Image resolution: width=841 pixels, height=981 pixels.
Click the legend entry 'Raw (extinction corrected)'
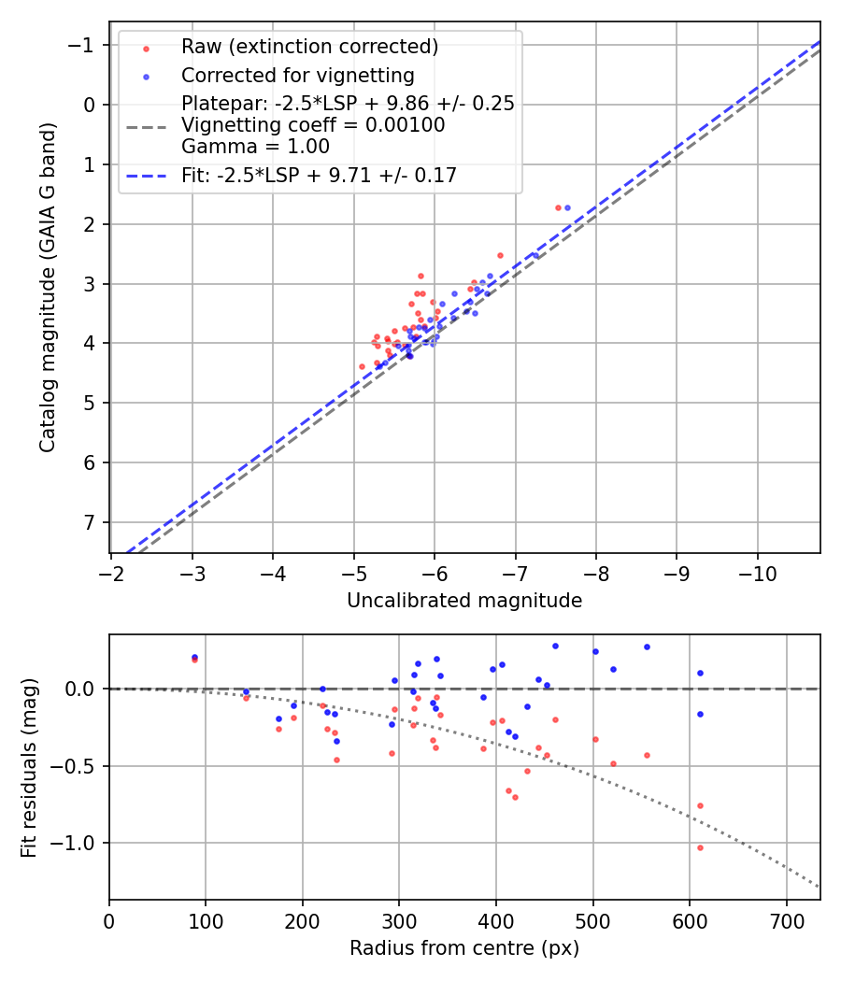(309, 47)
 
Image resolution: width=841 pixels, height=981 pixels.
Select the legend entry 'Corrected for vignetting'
(297, 75)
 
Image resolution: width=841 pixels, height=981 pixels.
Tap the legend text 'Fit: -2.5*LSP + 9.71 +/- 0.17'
(319, 175)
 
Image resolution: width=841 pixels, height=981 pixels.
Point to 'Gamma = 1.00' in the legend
(255, 146)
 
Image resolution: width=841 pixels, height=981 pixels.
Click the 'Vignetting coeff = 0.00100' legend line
(313, 125)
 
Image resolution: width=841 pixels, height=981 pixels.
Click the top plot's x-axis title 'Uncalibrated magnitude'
(464, 601)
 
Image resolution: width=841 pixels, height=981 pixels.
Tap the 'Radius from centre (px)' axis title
(464, 948)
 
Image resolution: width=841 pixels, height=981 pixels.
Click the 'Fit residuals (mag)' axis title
(29, 768)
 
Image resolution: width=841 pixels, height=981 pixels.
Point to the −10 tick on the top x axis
(757, 571)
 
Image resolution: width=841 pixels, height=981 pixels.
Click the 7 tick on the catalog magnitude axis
(90, 522)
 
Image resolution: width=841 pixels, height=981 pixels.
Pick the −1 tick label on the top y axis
(82, 46)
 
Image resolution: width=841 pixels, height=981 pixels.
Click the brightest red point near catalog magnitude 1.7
(558, 207)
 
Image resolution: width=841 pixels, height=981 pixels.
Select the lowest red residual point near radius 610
(700, 847)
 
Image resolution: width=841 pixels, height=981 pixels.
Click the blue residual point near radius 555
(646, 647)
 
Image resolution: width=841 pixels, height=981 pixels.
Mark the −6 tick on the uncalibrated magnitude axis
(435, 571)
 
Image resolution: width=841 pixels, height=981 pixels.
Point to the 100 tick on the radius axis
(206, 920)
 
